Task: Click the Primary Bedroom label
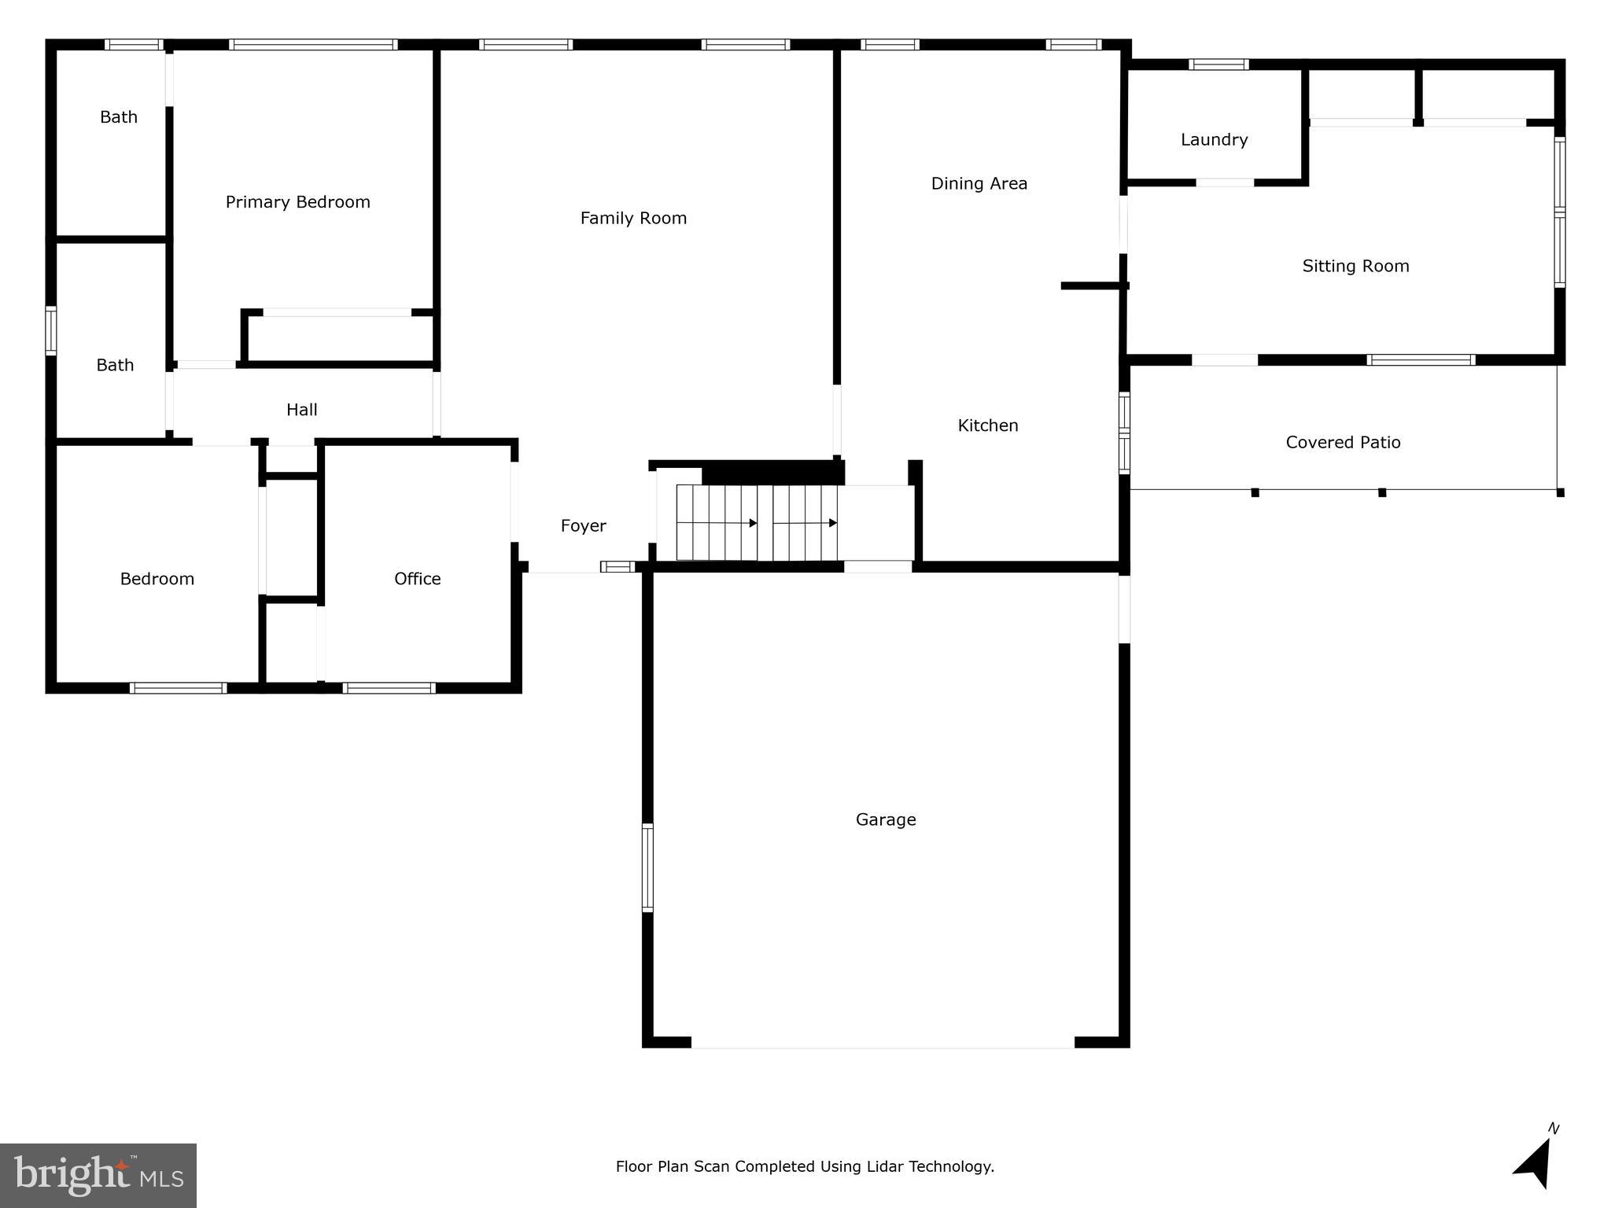pyautogui.click(x=297, y=202)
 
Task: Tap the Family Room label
pyautogui.click(x=633, y=219)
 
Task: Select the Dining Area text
pyautogui.click(x=979, y=184)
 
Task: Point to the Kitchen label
pyautogui.click(x=987, y=425)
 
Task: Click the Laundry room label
pyautogui.click(x=1214, y=140)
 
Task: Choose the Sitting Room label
pyautogui.click(x=1355, y=267)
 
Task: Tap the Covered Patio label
pyautogui.click(x=1343, y=443)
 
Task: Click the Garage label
pyautogui.click(x=886, y=820)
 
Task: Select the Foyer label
pyautogui.click(x=583, y=526)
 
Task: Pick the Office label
pyautogui.click(x=417, y=579)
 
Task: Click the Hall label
pyautogui.click(x=301, y=410)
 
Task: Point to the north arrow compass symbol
pyautogui.click(x=1535, y=1163)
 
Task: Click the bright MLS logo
pyautogui.click(x=98, y=1176)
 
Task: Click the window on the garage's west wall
pyautogui.click(x=647, y=867)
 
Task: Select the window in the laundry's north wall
pyautogui.click(x=1218, y=64)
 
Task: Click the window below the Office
pyautogui.click(x=389, y=688)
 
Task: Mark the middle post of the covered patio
pyautogui.click(x=1381, y=493)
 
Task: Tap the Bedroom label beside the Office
pyautogui.click(x=157, y=579)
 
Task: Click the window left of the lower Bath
pyautogui.click(x=51, y=330)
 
